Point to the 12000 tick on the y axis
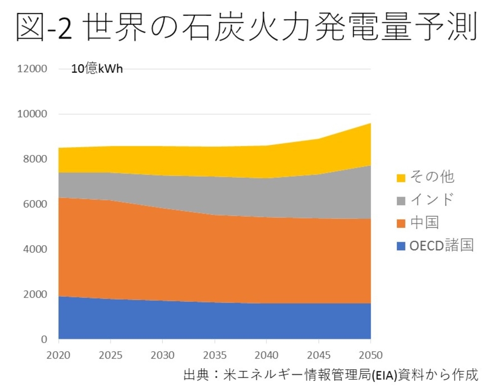[x=32, y=69]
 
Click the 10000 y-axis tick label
[x=32, y=114]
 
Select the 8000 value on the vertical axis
[x=35, y=159]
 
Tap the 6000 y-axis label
[x=35, y=204]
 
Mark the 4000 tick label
[x=35, y=249]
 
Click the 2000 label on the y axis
[x=35, y=294]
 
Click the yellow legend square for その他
[x=401, y=178]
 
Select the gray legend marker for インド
[x=401, y=201]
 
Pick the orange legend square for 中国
[x=401, y=224]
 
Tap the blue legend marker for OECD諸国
[x=401, y=246]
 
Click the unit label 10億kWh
[x=97, y=68]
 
